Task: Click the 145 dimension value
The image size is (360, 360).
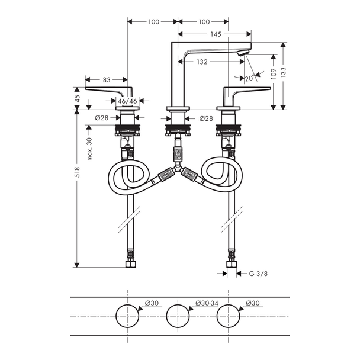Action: point(216,34)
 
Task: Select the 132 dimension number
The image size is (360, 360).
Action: point(202,62)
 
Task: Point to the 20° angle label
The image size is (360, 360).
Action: point(250,78)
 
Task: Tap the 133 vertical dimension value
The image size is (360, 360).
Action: point(283,72)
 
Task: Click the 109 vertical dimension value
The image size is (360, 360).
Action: point(273,73)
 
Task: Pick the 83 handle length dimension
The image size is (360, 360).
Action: point(107,80)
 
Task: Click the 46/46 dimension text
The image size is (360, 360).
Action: point(127,101)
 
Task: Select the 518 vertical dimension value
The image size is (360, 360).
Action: point(77,172)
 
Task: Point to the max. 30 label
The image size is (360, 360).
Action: point(89,149)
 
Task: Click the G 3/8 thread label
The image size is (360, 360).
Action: point(258,274)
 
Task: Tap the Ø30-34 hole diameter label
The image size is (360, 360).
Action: point(207,303)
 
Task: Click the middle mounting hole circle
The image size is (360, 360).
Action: point(178,305)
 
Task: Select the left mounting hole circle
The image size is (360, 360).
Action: point(127,305)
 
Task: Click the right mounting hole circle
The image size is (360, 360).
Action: point(229,305)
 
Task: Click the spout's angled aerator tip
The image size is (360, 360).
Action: point(243,53)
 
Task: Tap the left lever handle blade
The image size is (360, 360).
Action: point(105,89)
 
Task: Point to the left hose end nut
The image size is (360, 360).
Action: point(131,264)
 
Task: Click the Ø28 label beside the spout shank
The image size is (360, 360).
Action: point(206,118)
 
